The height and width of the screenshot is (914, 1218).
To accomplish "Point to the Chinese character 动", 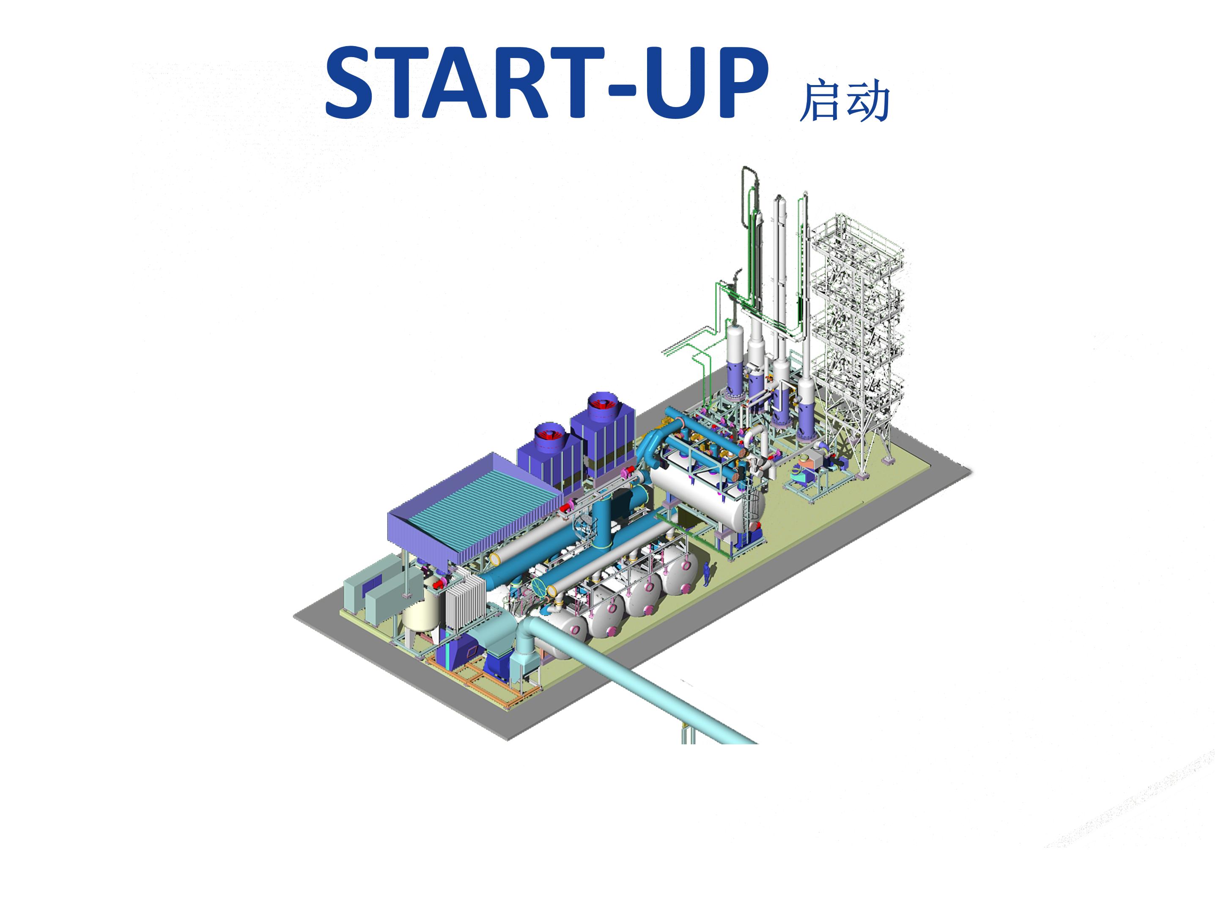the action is [x=868, y=100].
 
